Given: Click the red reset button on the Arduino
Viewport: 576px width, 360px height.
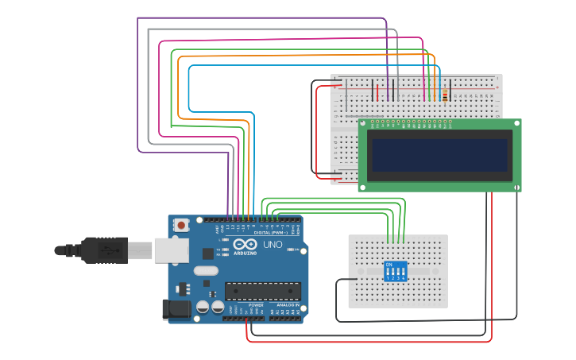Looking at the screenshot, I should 181,226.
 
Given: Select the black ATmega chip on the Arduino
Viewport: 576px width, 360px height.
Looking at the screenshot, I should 262,291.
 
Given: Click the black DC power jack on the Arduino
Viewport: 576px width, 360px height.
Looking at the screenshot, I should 176,309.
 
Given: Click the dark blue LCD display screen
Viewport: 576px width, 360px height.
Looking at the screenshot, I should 439,155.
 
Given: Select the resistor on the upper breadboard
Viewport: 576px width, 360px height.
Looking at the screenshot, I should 445,95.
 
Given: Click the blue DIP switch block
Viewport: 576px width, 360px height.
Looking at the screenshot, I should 396,271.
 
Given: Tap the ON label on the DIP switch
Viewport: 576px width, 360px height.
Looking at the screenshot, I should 389,264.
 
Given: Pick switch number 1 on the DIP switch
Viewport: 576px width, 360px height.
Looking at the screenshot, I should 389,273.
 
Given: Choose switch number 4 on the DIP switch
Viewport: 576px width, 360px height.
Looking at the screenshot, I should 404,273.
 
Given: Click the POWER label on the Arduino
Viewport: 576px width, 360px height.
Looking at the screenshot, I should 256,305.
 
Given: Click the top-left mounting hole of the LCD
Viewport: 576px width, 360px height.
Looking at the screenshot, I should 362,123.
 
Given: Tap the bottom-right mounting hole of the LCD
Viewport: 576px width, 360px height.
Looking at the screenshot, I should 517,187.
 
